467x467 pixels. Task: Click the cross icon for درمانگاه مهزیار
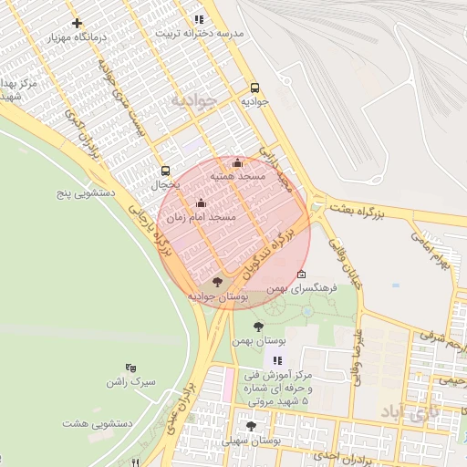(x=77, y=23)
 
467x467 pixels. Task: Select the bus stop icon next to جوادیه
(x=254, y=88)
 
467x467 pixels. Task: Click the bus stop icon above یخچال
(x=165, y=171)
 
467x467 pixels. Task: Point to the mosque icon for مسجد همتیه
(x=238, y=162)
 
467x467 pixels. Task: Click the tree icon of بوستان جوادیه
(x=216, y=282)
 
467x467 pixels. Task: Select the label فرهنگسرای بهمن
(x=304, y=287)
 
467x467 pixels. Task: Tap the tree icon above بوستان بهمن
(x=258, y=326)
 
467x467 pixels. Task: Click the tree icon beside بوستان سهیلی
(x=251, y=426)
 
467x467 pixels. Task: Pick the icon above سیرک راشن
(x=130, y=368)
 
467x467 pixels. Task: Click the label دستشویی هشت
(x=99, y=423)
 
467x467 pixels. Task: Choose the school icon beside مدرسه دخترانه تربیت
(x=199, y=19)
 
